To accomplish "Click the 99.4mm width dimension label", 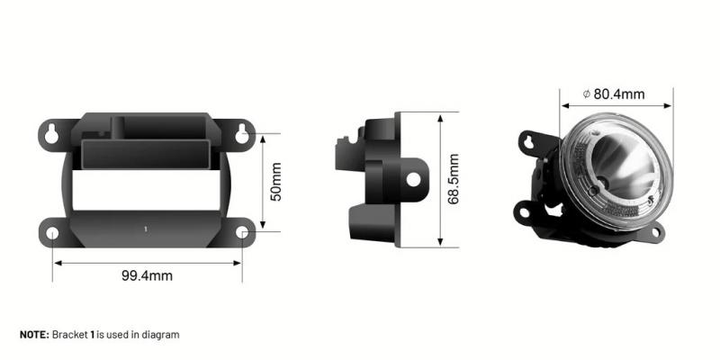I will [x=147, y=275].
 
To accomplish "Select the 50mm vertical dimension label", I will [x=276, y=182].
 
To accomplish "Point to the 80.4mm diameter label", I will [x=619, y=93].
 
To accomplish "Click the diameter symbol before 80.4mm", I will [x=586, y=93].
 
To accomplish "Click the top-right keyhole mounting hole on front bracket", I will [x=242, y=135].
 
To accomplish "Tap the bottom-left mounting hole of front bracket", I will [x=53, y=234].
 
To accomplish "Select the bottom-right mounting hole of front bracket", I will [x=242, y=234].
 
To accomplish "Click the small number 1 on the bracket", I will [x=146, y=229].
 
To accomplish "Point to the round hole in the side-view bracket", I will [x=413, y=178].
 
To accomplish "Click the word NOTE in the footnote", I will [x=34, y=335].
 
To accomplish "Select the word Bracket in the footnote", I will [x=69, y=335].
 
